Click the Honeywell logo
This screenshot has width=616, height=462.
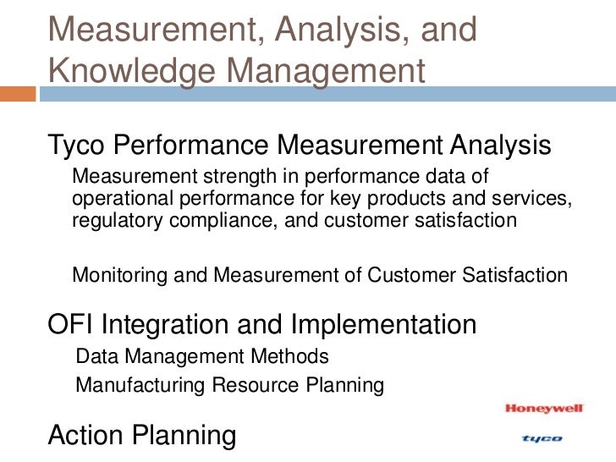pyautogui.click(x=545, y=409)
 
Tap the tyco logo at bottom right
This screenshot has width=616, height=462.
pyautogui.click(x=542, y=438)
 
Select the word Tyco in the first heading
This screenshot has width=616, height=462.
pyautogui.click(x=77, y=146)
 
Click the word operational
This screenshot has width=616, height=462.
pyautogui.click(x=118, y=199)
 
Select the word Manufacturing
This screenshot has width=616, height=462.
pyautogui.click(x=140, y=387)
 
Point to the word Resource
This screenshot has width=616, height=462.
pyautogui.click(x=247, y=387)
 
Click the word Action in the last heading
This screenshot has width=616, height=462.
pyautogui.click(x=88, y=436)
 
